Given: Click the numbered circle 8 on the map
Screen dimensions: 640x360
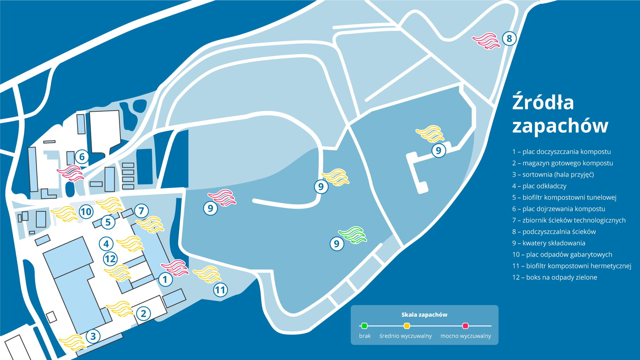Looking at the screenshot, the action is click(x=509, y=38).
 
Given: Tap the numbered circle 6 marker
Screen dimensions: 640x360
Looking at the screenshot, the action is click(x=82, y=157).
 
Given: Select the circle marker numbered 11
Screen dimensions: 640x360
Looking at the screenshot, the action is click(x=220, y=290).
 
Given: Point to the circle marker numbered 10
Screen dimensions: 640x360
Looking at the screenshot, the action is click(x=86, y=212).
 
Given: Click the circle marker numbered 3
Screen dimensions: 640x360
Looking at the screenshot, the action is click(x=93, y=336).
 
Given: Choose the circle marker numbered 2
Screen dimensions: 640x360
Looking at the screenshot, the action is click(x=144, y=313).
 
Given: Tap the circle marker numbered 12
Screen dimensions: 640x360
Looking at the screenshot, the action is click(x=110, y=259).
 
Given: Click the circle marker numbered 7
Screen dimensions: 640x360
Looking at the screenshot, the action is click(x=141, y=211).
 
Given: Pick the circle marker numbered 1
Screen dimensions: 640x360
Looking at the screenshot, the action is click(x=165, y=279).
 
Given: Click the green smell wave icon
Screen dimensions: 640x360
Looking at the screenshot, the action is click(x=352, y=235).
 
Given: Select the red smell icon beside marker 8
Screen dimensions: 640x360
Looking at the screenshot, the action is click(x=486, y=41).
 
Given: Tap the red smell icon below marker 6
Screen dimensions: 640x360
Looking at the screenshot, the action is click(x=70, y=173).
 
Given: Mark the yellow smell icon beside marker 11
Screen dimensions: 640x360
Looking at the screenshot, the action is click(x=207, y=274).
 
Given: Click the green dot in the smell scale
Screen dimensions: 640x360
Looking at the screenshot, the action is click(x=364, y=326).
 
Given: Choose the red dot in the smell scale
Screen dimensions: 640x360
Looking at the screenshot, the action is click(x=466, y=326).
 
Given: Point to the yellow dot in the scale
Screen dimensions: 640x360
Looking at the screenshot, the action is click(x=407, y=326).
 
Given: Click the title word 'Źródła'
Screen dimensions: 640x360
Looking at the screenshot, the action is click(x=543, y=102).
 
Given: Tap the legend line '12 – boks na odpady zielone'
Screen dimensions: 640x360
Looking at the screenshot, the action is click(x=555, y=277).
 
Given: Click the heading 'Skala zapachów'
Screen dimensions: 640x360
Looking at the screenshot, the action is click(x=424, y=315).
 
